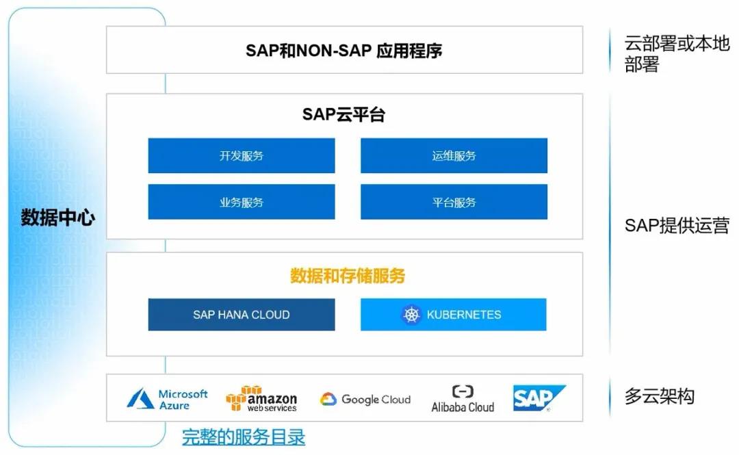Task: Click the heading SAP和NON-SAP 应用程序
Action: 343,51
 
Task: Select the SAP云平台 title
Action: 343,114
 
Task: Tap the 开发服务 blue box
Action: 242,156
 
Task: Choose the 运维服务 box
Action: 454,156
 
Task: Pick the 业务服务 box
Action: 242,203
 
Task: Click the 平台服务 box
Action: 454,203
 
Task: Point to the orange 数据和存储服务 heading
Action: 348,276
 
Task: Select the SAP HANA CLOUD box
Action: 242,315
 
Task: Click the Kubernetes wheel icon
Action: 411,315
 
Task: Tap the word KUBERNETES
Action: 464,315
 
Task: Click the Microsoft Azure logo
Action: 167,399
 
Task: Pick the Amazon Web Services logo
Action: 261,399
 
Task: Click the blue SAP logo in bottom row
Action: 539,398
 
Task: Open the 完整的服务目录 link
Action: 244,437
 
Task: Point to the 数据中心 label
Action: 58,218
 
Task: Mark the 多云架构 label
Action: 659,396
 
